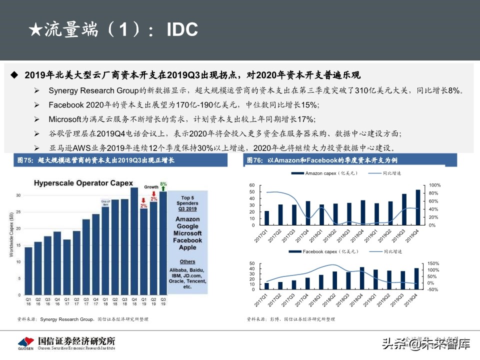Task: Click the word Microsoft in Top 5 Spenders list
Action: click(x=187, y=233)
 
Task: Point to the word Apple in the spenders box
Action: click(x=187, y=247)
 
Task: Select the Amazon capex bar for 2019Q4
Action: click(x=418, y=207)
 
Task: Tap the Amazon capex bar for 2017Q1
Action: click(x=266, y=218)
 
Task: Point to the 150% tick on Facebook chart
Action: click(x=432, y=263)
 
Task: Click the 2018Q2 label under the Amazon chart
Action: click(x=330, y=235)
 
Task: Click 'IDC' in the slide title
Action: click(x=182, y=30)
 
